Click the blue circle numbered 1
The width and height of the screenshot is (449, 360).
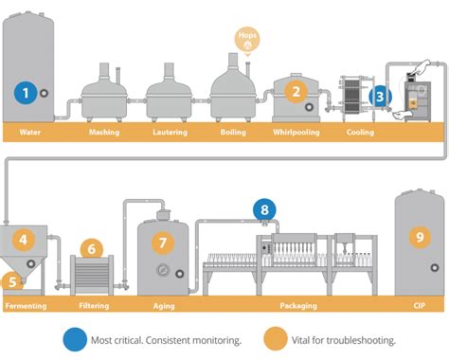(x=27, y=92)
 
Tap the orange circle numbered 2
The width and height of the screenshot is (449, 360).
(x=296, y=92)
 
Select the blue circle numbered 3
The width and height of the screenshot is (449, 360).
(x=380, y=96)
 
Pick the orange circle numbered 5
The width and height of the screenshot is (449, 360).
(x=10, y=280)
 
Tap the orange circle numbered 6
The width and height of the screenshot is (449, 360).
(x=92, y=250)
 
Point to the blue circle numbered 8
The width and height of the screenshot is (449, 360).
(x=265, y=210)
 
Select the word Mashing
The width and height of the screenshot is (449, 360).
(x=103, y=133)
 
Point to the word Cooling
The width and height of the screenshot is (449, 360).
(x=359, y=133)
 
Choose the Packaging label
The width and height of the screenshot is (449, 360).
(x=298, y=306)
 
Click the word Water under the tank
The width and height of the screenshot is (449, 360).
(x=29, y=133)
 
